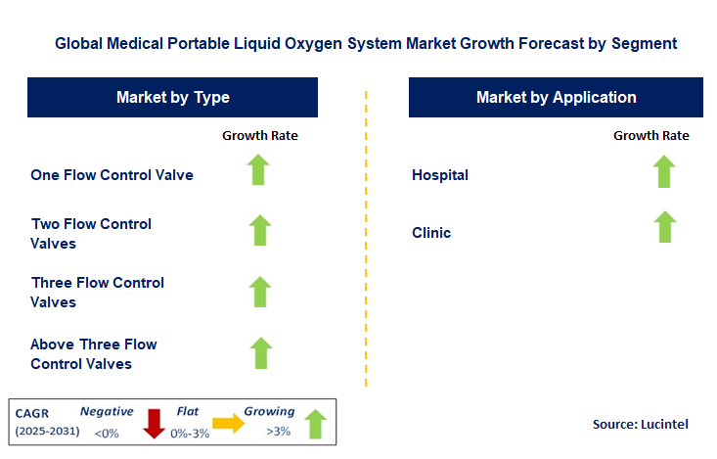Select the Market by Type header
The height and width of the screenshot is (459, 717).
[172, 97]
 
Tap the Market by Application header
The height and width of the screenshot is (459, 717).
[556, 97]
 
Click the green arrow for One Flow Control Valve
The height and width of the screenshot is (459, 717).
[259, 170]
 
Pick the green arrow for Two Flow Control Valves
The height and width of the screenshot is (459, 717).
[259, 230]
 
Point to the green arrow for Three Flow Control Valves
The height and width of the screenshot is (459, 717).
[259, 292]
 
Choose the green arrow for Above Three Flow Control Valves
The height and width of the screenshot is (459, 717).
[259, 352]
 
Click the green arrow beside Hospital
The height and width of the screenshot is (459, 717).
[665, 171]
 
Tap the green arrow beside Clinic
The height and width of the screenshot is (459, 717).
[665, 227]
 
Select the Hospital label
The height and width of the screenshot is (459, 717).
[440, 175]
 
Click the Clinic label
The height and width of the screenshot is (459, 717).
[431, 233]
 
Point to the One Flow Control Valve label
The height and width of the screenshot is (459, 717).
[112, 175]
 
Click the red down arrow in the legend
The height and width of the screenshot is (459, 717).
[154, 424]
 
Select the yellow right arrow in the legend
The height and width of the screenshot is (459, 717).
[227, 424]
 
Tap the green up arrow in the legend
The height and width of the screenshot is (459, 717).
[314, 424]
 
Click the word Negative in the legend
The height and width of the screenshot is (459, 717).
[107, 412]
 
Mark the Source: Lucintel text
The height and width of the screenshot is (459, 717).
[641, 424]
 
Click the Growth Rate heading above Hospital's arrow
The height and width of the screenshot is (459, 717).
[650, 136]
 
